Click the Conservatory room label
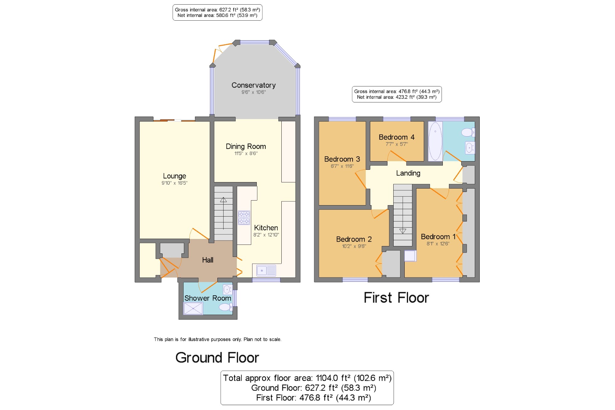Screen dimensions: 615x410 (253, 85)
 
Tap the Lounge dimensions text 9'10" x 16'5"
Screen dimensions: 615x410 (174, 183)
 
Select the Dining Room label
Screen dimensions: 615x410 (246, 146)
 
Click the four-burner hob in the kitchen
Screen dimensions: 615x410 (244, 218)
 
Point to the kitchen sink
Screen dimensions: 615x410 (266, 271)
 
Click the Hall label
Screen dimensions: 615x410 (208, 260)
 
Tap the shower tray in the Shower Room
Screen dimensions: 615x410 (193, 308)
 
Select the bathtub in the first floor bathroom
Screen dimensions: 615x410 (435, 141)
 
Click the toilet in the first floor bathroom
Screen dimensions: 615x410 (468, 132)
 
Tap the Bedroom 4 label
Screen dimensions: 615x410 (396, 137)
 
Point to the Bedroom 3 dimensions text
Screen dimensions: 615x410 (342, 166)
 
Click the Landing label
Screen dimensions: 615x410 (408, 173)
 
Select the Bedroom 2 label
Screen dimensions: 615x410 (354, 239)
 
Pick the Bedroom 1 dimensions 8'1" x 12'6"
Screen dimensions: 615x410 (438, 244)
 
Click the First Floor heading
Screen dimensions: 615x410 (396, 298)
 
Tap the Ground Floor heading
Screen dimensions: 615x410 (217, 358)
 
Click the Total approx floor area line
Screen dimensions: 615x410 (307, 378)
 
